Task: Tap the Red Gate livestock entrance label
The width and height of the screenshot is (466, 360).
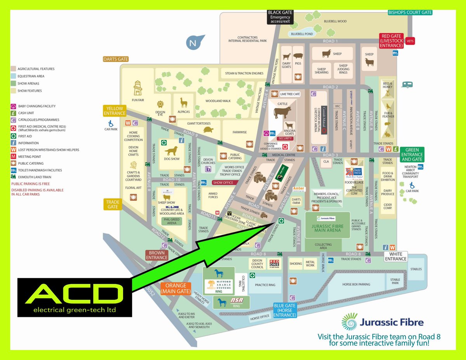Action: [391, 41]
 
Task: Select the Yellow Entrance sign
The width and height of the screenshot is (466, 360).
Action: [115, 111]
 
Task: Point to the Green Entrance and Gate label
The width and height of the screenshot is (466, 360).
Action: [412, 154]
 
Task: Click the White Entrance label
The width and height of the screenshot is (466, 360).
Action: [396, 256]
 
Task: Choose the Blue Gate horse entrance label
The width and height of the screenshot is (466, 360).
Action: [285, 310]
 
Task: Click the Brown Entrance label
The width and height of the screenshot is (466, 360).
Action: [157, 255]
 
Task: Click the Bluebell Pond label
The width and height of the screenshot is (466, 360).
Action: [302, 34]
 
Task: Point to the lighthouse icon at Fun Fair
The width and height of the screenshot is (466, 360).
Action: [138, 88]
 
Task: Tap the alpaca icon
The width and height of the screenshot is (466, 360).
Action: [183, 103]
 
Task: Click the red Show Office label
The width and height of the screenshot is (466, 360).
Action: [223, 183]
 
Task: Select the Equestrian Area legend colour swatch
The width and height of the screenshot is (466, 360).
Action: [14, 76]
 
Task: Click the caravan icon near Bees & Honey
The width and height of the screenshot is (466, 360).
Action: [407, 84]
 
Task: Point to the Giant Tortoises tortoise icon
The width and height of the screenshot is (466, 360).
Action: [209, 130]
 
